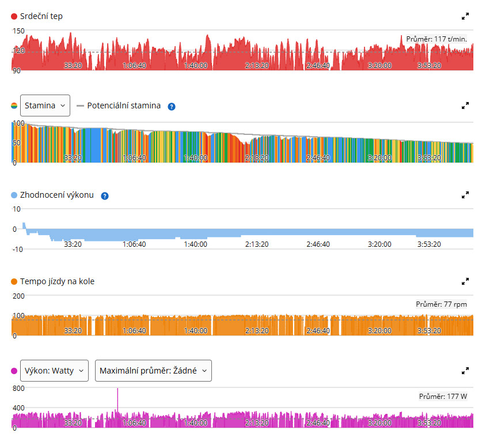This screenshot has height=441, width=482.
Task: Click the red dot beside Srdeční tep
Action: [x=14, y=16]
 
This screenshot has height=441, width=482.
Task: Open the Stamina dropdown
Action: [x=45, y=105]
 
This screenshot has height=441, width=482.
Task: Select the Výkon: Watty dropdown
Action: [x=54, y=371]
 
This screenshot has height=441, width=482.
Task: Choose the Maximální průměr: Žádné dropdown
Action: [x=153, y=371]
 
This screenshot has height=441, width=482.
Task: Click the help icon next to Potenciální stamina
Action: [x=172, y=107]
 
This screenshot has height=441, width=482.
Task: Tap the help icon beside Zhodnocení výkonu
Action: [x=105, y=196]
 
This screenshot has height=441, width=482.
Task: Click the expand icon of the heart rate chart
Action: [x=465, y=16]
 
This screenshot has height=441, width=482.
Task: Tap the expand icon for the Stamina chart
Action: [x=465, y=106]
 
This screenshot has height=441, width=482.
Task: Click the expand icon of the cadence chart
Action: [x=465, y=281]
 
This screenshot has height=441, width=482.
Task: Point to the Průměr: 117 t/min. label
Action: [x=437, y=39]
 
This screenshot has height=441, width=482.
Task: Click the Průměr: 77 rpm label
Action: [x=441, y=304]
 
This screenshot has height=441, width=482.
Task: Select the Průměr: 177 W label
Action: [x=443, y=397]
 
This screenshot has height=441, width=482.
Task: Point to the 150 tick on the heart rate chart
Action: [x=18, y=31]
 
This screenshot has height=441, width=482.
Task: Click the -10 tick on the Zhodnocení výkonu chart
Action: [x=17, y=249]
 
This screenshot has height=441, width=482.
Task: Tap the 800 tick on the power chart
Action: [x=18, y=389]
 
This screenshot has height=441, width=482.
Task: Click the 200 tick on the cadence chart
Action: [x=18, y=296]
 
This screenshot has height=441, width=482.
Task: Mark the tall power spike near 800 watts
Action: [x=117, y=399]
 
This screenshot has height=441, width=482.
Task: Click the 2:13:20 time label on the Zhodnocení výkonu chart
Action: [x=257, y=244]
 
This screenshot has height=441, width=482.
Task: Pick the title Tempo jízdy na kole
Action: [x=57, y=281]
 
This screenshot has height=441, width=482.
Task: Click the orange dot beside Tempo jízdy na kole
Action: [x=14, y=281]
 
